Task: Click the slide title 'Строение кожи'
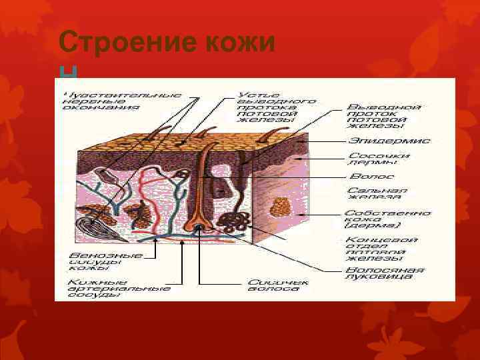point(167,43)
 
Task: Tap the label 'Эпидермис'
point(389,141)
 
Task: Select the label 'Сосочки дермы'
point(379,159)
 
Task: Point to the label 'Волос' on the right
point(372,177)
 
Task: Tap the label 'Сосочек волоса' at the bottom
point(278,285)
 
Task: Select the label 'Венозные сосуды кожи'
point(106,261)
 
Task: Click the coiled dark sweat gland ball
point(237,222)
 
